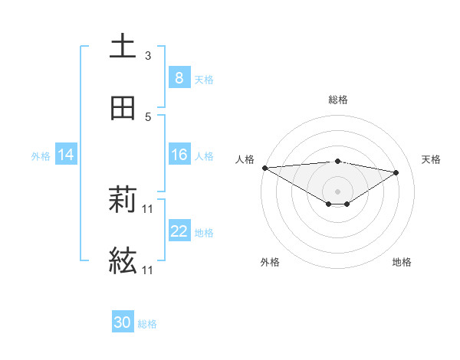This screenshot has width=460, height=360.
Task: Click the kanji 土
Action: (x=123, y=46)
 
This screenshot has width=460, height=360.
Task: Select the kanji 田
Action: (x=123, y=108)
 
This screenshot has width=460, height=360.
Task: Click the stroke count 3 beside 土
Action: (x=148, y=56)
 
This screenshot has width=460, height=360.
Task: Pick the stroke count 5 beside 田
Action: (x=148, y=117)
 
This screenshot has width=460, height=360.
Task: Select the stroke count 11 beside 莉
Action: (x=148, y=209)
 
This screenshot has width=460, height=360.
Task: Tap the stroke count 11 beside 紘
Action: (x=148, y=270)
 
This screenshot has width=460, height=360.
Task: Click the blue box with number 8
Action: (x=179, y=78)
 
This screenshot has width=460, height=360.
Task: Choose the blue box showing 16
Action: (x=179, y=155)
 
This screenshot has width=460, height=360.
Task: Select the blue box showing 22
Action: (x=179, y=231)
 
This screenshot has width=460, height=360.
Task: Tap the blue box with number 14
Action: (x=65, y=155)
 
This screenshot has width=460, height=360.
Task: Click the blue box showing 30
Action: (x=122, y=322)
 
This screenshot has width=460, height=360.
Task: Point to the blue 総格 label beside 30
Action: (x=147, y=324)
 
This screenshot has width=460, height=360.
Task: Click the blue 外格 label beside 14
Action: (x=41, y=156)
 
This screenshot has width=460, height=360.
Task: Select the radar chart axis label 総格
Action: (x=337, y=100)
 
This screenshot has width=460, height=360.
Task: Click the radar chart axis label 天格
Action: (x=432, y=159)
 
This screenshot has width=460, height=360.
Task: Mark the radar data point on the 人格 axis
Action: (x=264, y=168)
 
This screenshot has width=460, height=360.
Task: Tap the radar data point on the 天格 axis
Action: (x=396, y=172)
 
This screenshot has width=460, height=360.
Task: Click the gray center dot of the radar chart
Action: (x=337, y=191)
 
